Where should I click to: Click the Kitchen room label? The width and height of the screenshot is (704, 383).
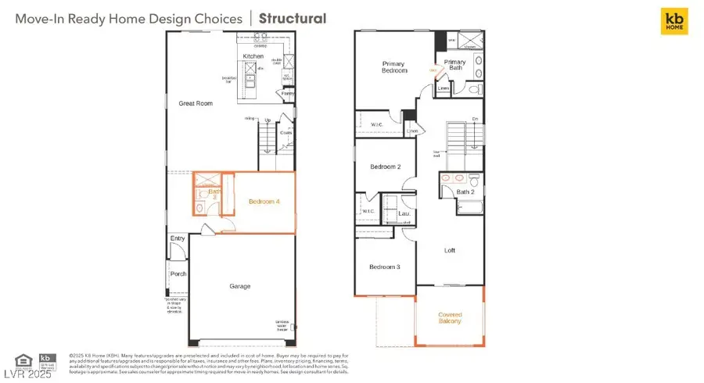(253, 56)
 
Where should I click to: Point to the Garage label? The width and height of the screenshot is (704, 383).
(240, 286)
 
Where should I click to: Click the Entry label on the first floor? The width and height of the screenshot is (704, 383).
(177, 238)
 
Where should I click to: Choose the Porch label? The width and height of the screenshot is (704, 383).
(178, 274)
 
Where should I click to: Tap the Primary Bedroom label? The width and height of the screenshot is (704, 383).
(395, 66)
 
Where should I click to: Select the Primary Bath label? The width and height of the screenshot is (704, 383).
(454, 66)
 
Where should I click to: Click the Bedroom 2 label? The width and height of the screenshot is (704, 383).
(386, 166)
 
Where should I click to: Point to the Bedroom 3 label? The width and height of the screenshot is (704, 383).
(385, 267)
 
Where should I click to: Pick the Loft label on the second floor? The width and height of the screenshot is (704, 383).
(450, 251)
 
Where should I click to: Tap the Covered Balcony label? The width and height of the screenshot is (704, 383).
(449, 317)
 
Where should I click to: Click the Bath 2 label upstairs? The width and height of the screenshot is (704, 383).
(465, 191)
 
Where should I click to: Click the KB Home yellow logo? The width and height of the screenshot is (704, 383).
(674, 22)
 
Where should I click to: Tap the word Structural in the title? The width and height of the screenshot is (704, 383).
(293, 18)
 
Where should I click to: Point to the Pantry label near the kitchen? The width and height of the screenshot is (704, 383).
(288, 94)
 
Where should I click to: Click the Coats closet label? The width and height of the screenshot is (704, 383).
(286, 132)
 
